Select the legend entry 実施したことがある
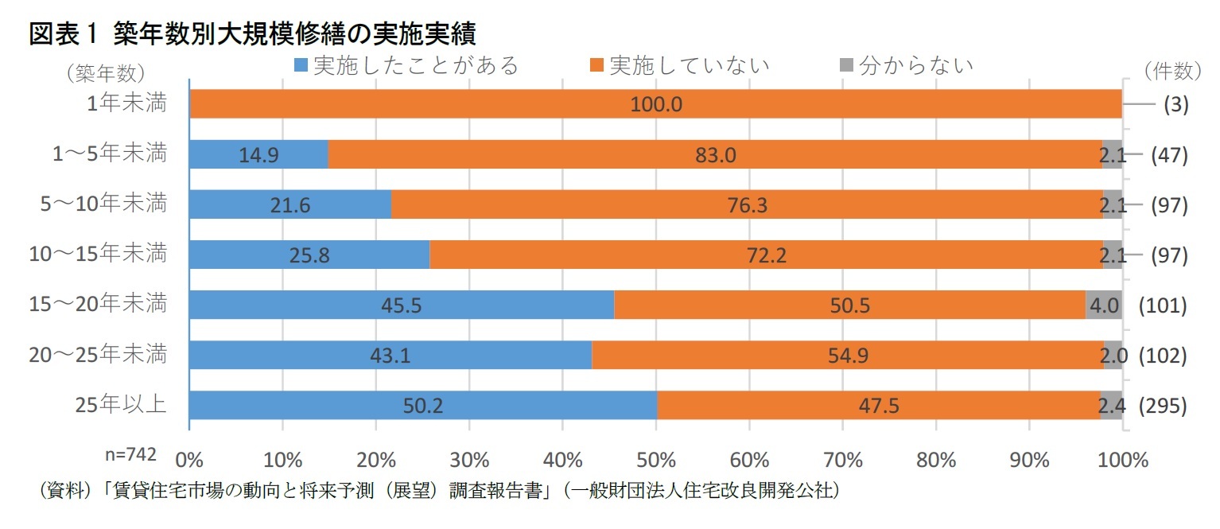click(x=406, y=65)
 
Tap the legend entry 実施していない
click(x=679, y=65)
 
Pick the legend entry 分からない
click(x=907, y=65)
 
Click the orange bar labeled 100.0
click(x=655, y=104)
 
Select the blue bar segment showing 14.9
click(x=258, y=154)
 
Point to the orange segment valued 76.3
click(x=747, y=204)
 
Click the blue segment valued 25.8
click(x=309, y=255)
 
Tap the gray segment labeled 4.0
click(x=1103, y=305)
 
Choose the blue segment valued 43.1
click(x=390, y=356)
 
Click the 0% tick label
click(x=189, y=460)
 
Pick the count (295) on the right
click(x=1163, y=406)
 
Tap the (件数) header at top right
click(x=1172, y=72)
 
